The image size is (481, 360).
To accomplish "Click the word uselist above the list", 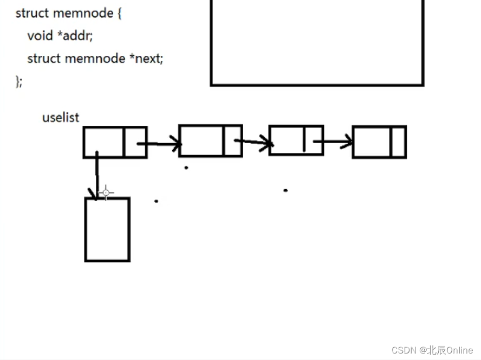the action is [x=61, y=117].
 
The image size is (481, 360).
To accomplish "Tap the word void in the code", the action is [x=40, y=36].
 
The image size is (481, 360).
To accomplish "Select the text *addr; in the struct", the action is [x=75, y=36].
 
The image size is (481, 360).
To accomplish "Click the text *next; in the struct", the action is [x=146, y=59].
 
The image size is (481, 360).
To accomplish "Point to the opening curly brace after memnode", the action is [x=119, y=13].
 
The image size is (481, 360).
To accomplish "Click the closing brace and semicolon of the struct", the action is [x=19, y=82].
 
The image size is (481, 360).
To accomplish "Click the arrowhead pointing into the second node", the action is [x=177, y=144].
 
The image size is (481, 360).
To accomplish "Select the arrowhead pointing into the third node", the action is [x=266, y=143].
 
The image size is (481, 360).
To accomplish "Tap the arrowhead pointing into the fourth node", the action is [x=347, y=142].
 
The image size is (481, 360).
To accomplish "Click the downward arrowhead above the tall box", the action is [x=93, y=194].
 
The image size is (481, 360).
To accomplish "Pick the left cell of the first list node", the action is [x=103, y=143].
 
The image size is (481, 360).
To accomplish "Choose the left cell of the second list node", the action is [x=201, y=140].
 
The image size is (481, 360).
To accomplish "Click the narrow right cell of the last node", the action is [x=398, y=142].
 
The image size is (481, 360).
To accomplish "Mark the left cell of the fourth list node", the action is [x=372, y=142].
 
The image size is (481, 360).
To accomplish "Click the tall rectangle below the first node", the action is [x=107, y=229].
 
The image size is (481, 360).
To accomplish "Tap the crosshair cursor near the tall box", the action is [x=106, y=193].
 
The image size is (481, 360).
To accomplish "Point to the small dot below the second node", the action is [x=186, y=168].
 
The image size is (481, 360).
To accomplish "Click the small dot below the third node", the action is [x=285, y=190].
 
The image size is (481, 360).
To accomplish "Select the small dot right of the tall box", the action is [x=156, y=201].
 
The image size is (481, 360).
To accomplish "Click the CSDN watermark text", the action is [x=432, y=350].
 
